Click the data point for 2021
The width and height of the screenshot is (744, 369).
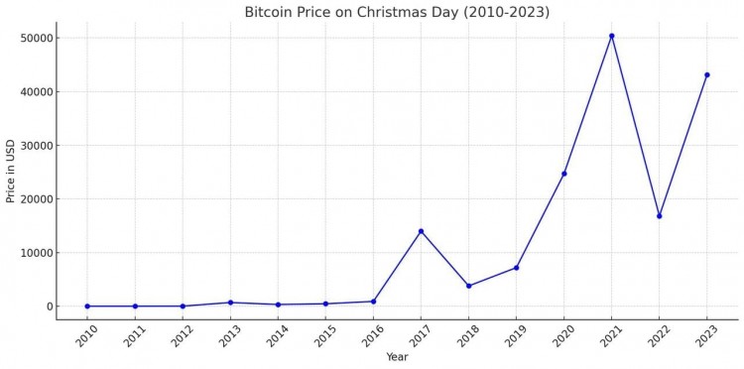[x=611, y=36]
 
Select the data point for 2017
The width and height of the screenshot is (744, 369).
[x=421, y=231]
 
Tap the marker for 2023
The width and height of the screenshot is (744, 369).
[x=706, y=74]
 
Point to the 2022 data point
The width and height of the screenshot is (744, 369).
[x=659, y=216]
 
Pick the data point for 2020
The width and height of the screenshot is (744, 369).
[x=563, y=174]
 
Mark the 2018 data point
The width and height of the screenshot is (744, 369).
[x=468, y=286]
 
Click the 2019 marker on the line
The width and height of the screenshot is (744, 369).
[x=516, y=268]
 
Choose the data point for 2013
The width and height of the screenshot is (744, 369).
[x=230, y=303]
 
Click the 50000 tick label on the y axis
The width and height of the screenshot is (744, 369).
[x=36, y=38]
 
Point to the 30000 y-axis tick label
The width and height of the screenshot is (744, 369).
[x=36, y=145]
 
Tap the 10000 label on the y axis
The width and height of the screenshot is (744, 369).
[x=36, y=253]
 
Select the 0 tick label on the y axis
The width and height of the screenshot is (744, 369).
[x=48, y=307]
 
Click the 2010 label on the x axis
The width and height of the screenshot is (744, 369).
[x=86, y=335]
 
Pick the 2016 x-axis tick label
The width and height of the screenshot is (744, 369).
[x=372, y=335]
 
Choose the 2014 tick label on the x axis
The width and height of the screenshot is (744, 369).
[x=277, y=335]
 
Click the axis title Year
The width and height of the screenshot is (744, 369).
[x=397, y=357]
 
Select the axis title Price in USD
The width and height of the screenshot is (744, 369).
[x=11, y=171]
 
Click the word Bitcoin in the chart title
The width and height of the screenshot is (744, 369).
[x=272, y=12]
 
